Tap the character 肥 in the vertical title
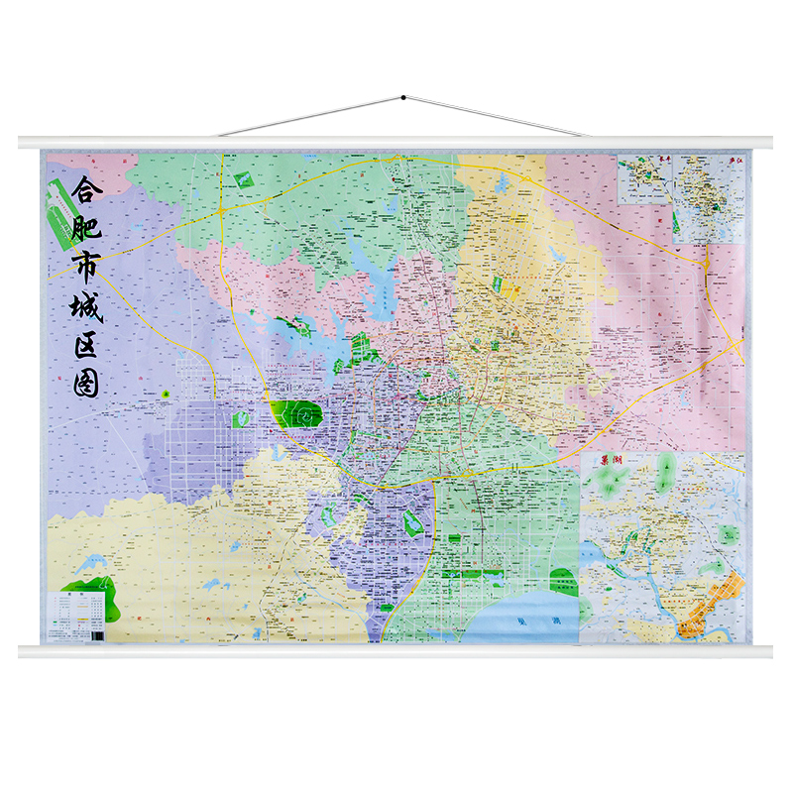[x=87, y=230]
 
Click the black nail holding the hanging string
[x=403, y=98]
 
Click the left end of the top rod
[x=22, y=143]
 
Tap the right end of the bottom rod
[x=769, y=651]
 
